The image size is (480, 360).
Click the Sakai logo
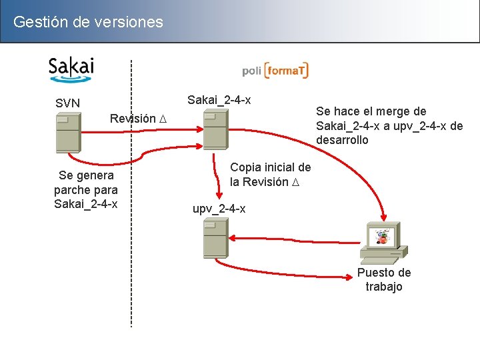pos(71,69)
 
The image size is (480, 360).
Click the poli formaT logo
pos(275,70)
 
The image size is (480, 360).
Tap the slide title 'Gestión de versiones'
pos(88,22)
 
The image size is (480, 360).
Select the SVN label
pos(67,103)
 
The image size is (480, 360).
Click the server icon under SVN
pos(68,133)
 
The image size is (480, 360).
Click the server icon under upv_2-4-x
pos(215,239)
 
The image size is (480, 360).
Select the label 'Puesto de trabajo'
pos(384,279)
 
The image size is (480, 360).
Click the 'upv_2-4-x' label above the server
pos(219,209)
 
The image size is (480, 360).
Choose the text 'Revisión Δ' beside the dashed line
pos(138,119)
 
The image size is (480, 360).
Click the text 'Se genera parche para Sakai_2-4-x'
pos(85,189)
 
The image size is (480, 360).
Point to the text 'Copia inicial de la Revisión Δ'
pos(270,174)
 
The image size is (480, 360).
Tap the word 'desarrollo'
pos(341,140)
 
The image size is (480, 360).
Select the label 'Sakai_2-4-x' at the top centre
pos(219,100)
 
